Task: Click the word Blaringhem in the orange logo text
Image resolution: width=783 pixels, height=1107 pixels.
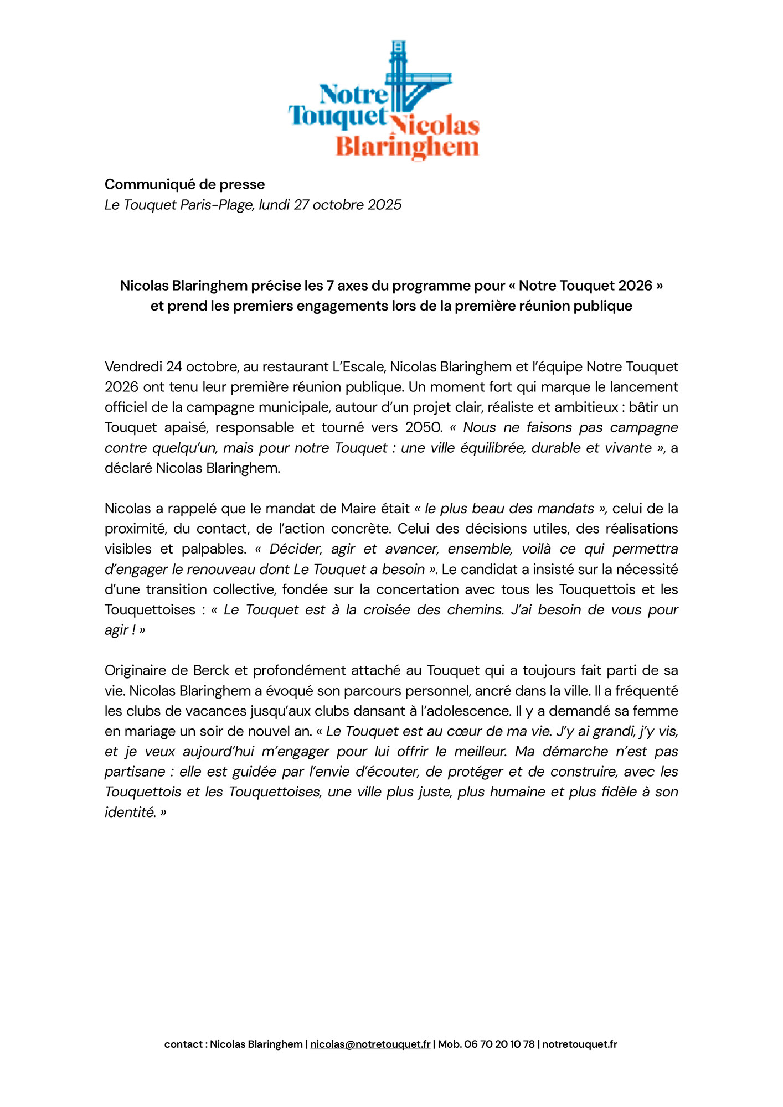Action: [407, 148]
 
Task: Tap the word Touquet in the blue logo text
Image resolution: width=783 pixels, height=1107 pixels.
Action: [337, 117]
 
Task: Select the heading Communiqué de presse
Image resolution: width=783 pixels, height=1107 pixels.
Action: [184, 184]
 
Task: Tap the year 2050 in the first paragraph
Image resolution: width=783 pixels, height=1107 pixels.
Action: [424, 427]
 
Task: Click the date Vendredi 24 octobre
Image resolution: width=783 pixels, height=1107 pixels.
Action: [171, 367]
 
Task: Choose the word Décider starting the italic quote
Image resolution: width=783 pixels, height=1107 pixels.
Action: [295, 549]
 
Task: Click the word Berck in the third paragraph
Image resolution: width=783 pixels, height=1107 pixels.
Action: [211, 670]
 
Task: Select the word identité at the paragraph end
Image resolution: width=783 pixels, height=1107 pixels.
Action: [130, 813]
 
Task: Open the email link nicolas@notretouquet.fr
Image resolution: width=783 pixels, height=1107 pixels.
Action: [370, 1044]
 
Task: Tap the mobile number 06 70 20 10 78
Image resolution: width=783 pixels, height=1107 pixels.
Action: [499, 1044]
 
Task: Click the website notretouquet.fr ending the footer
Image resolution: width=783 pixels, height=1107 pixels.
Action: [579, 1044]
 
